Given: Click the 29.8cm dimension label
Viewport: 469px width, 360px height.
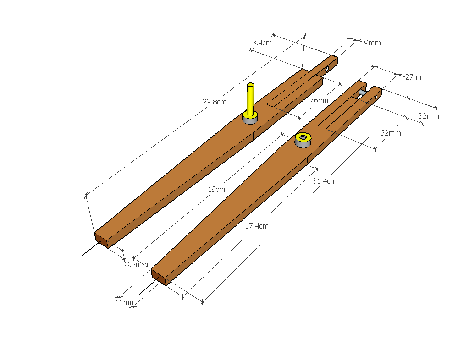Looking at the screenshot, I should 215,102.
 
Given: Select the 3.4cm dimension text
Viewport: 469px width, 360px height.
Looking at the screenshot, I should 262,43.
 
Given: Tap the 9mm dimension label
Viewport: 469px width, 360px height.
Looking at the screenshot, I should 372,43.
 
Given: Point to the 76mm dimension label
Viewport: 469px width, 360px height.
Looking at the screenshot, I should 320,100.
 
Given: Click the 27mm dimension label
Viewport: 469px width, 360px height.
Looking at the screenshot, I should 415,77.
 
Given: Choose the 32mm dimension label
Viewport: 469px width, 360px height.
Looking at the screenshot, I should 429,116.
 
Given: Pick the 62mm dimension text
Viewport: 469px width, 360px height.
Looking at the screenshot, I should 391,133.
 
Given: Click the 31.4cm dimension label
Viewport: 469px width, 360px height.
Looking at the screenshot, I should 324,181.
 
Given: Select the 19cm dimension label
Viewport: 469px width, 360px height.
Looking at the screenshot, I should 216,189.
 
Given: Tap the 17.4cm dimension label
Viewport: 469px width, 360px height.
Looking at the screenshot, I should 257,226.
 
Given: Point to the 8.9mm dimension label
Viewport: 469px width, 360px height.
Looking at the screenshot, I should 136,264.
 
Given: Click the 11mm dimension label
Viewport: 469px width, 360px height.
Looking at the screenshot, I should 125,302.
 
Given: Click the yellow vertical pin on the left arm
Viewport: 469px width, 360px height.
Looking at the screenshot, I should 250,100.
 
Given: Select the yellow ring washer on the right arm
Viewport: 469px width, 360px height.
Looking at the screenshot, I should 303,137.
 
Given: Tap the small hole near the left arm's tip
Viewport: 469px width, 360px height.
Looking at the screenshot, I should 328,69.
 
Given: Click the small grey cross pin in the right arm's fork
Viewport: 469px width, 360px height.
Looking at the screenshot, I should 362,93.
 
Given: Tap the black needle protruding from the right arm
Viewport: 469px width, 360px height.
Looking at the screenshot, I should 146,289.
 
